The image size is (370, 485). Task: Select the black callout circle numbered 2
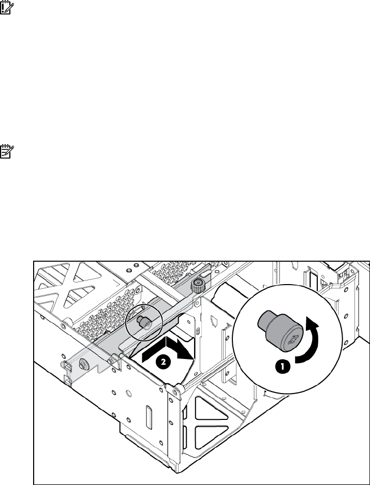pyautogui.click(x=162, y=363)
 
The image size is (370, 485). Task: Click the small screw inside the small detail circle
pyautogui.click(x=141, y=321)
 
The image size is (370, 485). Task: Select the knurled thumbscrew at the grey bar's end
pyautogui.click(x=196, y=286)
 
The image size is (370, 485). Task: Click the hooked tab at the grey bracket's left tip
pyautogui.click(x=66, y=365)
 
